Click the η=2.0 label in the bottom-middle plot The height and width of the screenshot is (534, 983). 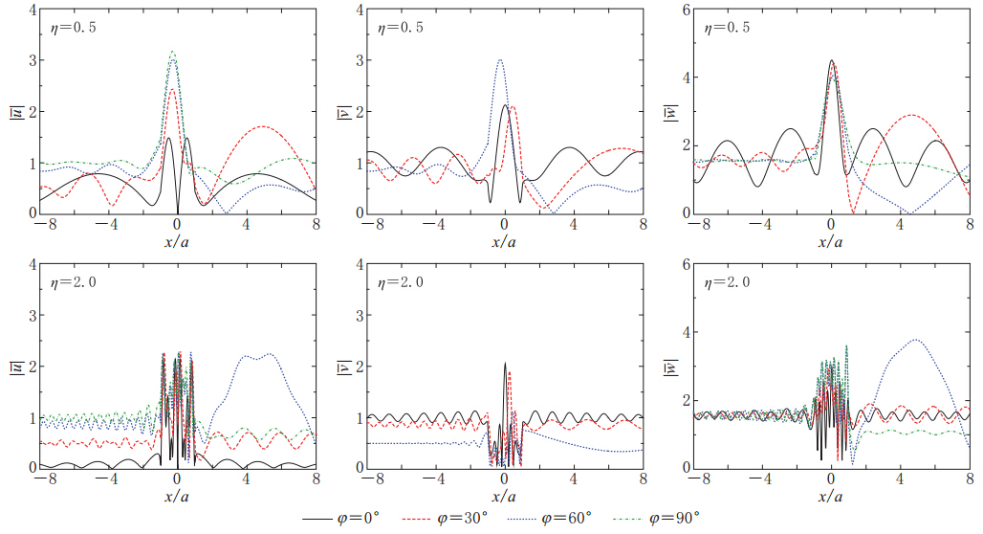click(399, 282)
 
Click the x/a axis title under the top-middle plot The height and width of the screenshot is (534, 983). click(503, 241)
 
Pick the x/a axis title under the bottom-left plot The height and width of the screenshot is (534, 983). click(177, 496)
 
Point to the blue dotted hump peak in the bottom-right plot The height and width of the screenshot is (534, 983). click(917, 339)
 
